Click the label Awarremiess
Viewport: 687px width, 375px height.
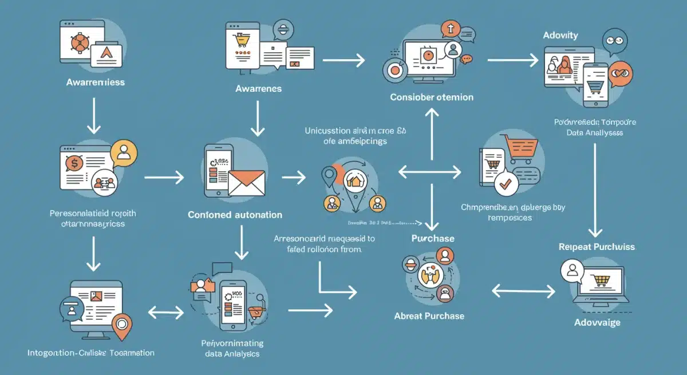pyautogui.click(x=95, y=82)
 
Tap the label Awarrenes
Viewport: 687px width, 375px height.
pyautogui.click(x=258, y=88)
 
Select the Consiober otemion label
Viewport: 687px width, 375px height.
pyautogui.click(x=432, y=97)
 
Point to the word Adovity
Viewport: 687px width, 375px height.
pyautogui.click(x=560, y=36)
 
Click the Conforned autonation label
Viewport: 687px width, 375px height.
pyautogui.click(x=235, y=215)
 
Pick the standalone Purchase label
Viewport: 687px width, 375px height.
pyautogui.click(x=433, y=238)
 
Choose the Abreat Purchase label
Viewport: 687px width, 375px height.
pyautogui.click(x=429, y=316)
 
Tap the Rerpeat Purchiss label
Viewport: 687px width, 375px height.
pyautogui.click(x=597, y=247)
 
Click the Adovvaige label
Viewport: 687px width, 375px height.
pyautogui.click(x=597, y=323)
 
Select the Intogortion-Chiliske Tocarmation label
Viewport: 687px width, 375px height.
pyautogui.click(x=91, y=353)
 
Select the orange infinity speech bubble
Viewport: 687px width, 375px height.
pyautogui.click(x=618, y=75)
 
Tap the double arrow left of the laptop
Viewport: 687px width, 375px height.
pyautogui.click(x=523, y=291)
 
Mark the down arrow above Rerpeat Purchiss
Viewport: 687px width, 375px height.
pyautogui.click(x=596, y=189)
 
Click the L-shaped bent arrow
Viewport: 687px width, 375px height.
pyautogui.click(x=335, y=281)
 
